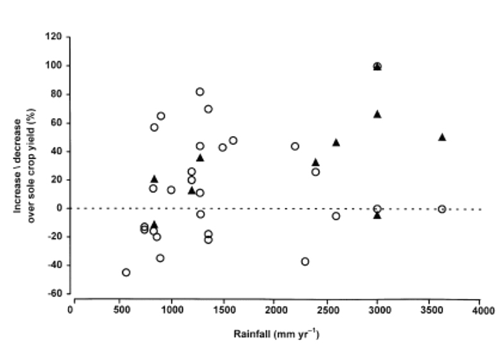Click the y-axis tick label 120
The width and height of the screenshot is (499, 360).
[x=54, y=37]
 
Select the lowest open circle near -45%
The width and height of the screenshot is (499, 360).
[x=126, y=273]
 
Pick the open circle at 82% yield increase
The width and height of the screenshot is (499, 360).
[x=200, y=92]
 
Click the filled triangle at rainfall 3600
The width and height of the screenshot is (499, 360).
[x=442, y=137]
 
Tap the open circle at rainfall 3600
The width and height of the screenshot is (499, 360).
[x=442, y=209]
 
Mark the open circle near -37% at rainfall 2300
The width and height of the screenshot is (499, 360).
[x=305, y=262]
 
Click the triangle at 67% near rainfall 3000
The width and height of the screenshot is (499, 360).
[x=378, y=114]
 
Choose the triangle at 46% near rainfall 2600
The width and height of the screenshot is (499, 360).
[x=336, y=142]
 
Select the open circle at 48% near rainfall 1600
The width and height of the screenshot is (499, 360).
[x=233, y=141]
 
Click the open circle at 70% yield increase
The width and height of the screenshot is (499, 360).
[x=208, y=109]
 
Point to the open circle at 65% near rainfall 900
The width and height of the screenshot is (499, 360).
[x=161, y=116]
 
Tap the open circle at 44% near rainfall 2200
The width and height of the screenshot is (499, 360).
[x=295, y=146]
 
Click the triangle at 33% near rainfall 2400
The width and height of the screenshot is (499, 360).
[x=316, y=162]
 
